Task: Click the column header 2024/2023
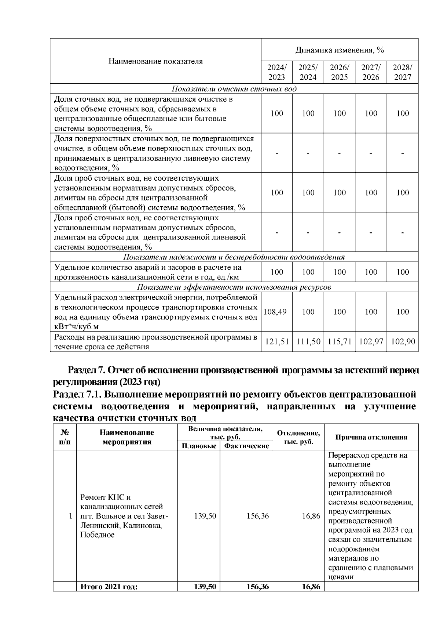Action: click(x=276, y=72)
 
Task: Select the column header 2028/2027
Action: click(x=402, y=72)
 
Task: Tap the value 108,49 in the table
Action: click(x=275, y=312)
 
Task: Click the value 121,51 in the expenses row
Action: click(x=277, y=342)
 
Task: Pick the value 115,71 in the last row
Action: click(x=340, y=342)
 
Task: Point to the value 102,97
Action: click(x=371, y=342)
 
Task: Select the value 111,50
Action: click(x=308, y=342)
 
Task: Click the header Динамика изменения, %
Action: click(x=340, y=50)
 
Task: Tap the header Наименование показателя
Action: click(x=155, y=61)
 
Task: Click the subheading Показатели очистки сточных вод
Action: click(x=234, y=89)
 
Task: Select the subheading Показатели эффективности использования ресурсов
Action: click(x=234, y=287)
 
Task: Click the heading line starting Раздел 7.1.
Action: click(x=235, y=395)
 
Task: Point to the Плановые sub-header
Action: click(x=199, y=446)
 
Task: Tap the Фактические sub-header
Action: click(x=246, y=446)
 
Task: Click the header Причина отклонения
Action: click(x=371, y=437)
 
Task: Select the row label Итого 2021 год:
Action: click(x=109, y=587)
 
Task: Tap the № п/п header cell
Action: click(x=65, y=437)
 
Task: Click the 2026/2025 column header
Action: click(x=340, y=72)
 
